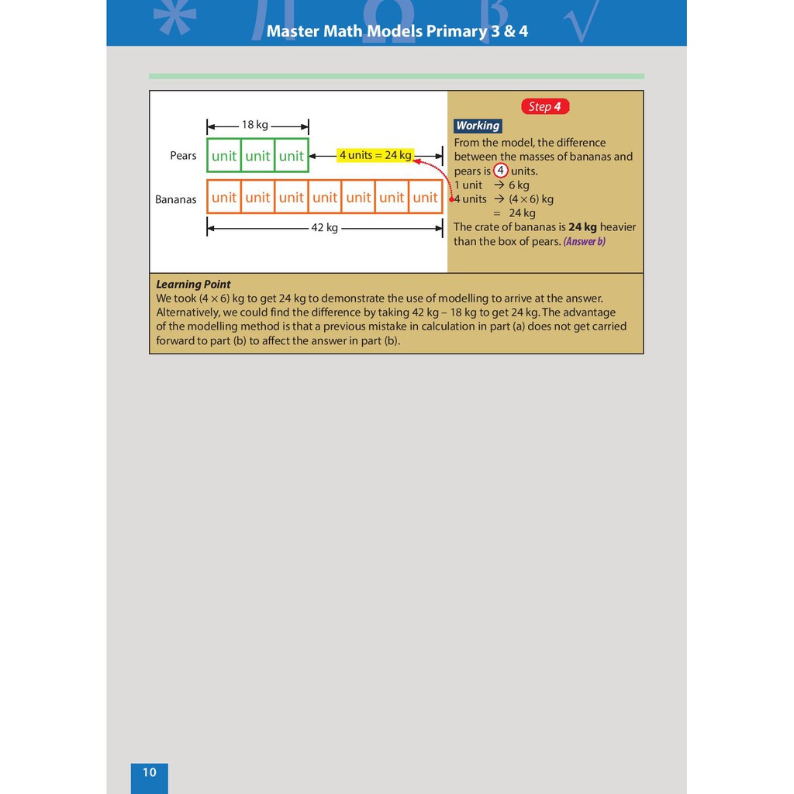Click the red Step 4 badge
pyautogui.click(x=544, y=106)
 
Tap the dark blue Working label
pyautogui.click(x=478, y=126)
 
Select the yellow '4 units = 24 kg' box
pyautogui.click(x=375, y=155)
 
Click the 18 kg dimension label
pyautogui.click(x=254, y=124)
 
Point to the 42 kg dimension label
pyautogui.click(x=324, y=228)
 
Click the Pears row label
pyautogui.click(x=183, y=156)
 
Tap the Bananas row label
pyautogui.click(x=176, y=199)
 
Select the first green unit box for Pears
pyautogui.click(x=224, y=156)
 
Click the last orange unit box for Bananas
pyautogui.click(x=425, y=197)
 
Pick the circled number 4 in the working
pyautogui.click(x=502, y=171)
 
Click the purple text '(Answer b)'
pyautogui.click(x=585, y=241)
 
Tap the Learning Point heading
pyautogui.click(x=193, y=285)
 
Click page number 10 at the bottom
pyautogui.click(x=149, y=772)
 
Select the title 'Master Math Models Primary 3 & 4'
pyautogui.click(x=397, y=32)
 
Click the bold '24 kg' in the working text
pyautogui.click(x=581, y=227)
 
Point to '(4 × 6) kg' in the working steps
pyautogui.click(x=531, y=199)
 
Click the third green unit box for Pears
pyautogui.click(x=292, y=156)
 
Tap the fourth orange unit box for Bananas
pyautogui.click(x=325, y=197)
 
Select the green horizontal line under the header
pyautogui.click(x=396, y=76)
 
